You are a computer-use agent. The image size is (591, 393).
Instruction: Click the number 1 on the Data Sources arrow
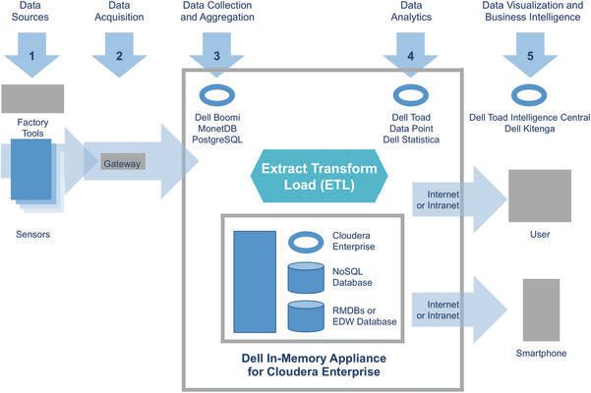[x=32, y=57]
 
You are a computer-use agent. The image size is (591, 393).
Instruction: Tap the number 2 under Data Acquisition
[x=119, y=57]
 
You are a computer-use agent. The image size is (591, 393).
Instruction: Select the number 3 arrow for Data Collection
[x=216, y=57]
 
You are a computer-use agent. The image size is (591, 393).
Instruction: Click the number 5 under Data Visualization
[x=532, y=57]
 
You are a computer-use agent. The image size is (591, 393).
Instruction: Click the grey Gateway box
[x=123, y=163]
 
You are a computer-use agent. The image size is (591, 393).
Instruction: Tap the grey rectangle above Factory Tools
[x=32, y=98]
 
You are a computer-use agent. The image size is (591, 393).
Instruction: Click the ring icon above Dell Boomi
[x=215, y=96]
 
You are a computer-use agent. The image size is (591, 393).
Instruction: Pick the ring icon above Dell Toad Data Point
[x=409, y=96]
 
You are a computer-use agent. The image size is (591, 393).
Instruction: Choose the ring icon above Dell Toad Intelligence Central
[x=531, y=96]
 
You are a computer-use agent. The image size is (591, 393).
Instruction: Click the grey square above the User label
[x=539, y=196]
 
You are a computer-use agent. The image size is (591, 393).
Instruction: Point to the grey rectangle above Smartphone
[x=540, y=309]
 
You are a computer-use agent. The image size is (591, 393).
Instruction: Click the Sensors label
[x=33, y=236]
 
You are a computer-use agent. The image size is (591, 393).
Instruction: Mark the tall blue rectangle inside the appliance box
[x=255, y=281]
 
